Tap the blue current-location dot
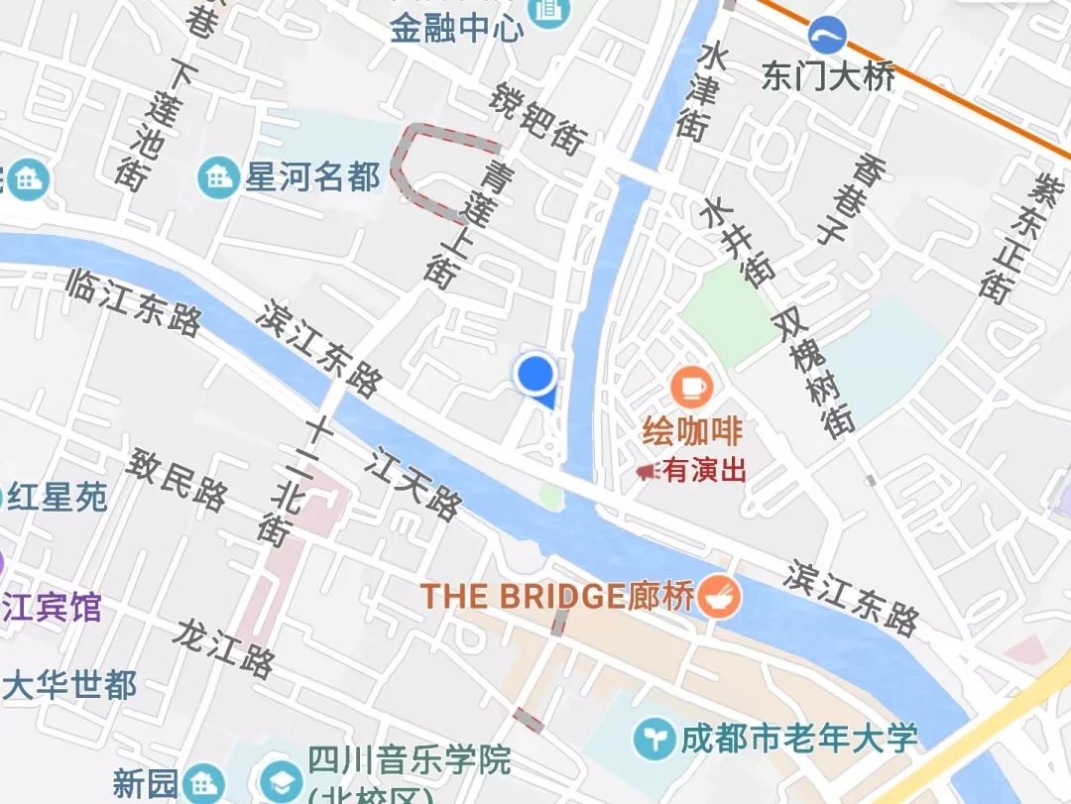pyautogui.click(x=535, y=373)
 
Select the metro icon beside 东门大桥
pyautogui.click(x=826, y=36)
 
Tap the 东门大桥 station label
pyautogui.click(x=828, y=76)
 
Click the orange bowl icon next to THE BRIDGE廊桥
pyautogui.click(x=718, y=597)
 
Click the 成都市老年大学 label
pyautogui.click(x=798, y=739)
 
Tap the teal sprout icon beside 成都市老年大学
pyautogui.click(x=654, y=740)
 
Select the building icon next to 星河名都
pyautogui.click(x=217, y=177)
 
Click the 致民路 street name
pyautogui.click(x=178, y=477)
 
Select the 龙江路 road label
pyautogui.click(x=223, y=648)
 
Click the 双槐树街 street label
pyautogui.click(x=811, y=372)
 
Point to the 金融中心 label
pyautogui.click(x=457, y=28)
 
